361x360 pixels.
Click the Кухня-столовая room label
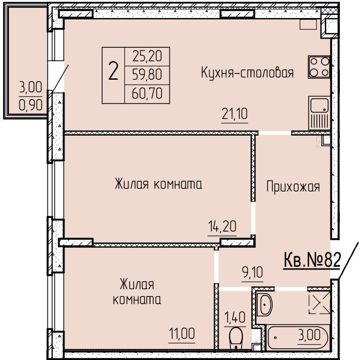click(x=247, y=73)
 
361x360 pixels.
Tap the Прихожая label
click(x=293, y=187)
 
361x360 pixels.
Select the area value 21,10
click(x=235, y=114)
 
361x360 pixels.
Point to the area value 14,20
click(x=222, y=226)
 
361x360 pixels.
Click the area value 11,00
click(x=182, y=333)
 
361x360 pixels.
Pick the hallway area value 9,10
click(x=252, y=272)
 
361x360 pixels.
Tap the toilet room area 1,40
click(x=235, y=318)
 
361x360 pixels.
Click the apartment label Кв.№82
click(x=312, y=260)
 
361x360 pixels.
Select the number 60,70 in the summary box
click(x=147, y=94)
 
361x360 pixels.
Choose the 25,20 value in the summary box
click(x=147, y=56)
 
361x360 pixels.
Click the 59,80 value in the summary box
click(x=147, y=75)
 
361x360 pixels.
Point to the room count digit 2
click(x=113, y=72)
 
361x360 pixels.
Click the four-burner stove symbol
click(x=320, y=67)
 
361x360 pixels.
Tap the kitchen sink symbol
click(x=320, y=113)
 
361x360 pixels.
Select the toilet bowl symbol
click(x=236, y=338)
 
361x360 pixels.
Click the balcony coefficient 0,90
click(x=31, y=105)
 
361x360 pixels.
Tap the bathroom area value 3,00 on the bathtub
click(x=309, y=335)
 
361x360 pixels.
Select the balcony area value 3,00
click(x=31, y=87)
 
